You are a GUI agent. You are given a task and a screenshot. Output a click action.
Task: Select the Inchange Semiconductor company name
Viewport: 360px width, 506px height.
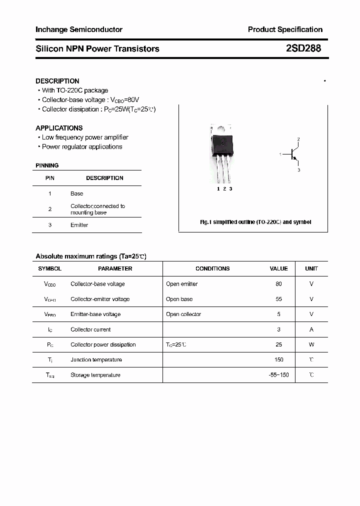point(79,29)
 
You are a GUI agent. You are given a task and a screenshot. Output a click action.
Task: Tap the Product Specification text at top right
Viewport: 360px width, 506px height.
point(285,29)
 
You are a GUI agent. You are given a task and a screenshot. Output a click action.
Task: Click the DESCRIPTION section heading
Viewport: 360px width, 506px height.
point(57,81)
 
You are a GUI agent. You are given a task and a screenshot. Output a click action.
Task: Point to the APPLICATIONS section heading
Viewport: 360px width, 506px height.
point(59,128)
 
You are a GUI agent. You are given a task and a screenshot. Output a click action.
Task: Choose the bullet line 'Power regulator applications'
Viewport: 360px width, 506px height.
point(82,147)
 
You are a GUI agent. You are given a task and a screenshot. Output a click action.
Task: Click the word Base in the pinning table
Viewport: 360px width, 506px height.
point(77,193)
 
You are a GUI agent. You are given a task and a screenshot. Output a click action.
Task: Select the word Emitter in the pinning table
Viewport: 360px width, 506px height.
point(79,225)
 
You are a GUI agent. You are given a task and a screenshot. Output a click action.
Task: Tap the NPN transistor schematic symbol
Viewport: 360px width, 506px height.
point(293,154)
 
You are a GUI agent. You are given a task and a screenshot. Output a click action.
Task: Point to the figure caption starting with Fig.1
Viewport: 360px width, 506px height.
point(255,222)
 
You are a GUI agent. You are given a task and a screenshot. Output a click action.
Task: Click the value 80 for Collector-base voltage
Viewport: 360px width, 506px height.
point(278,284)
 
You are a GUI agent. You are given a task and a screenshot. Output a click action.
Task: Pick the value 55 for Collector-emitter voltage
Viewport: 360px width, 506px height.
point(278,299)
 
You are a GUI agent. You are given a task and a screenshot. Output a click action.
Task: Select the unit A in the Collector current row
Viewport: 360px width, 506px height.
point(311,329)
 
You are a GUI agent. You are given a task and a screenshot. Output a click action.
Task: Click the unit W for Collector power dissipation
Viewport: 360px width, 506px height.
point(311,344)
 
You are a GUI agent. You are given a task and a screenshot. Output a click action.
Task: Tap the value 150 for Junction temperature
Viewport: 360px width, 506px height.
point(278,359)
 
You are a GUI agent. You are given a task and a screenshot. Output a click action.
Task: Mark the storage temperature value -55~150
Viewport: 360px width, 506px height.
point(278,375)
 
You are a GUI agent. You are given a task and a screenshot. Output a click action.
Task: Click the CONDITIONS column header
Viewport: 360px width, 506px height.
point(212,268)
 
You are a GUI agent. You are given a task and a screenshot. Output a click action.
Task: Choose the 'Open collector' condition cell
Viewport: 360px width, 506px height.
point(183,314)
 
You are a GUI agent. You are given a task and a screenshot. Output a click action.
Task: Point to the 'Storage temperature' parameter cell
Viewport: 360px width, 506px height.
point(95,375)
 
